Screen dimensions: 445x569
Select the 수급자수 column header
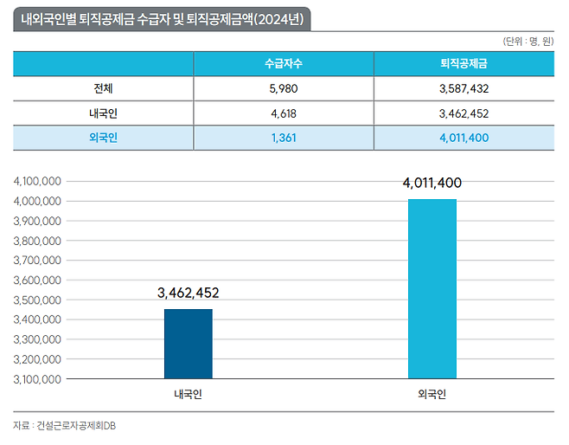coord(283,64)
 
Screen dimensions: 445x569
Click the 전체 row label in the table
coord(103,88)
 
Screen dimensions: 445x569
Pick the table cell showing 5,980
coord(283,88)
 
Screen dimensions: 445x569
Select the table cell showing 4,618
coord(283,113)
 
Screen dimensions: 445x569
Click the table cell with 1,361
coord(283,137)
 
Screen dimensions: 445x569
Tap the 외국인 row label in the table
coord(103,137)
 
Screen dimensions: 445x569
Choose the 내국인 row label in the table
coord(103,113)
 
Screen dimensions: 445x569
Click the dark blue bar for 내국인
coord(188,344)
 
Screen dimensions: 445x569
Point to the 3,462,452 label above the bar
coord(188,293)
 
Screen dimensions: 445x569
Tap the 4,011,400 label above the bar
coord(432,184)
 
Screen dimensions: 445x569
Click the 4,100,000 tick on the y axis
coord(36,182)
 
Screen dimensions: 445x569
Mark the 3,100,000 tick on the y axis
coord(36,379)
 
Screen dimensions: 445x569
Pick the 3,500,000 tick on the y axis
coord(36,300)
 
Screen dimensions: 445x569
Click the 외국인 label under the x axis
coord(432,395)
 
